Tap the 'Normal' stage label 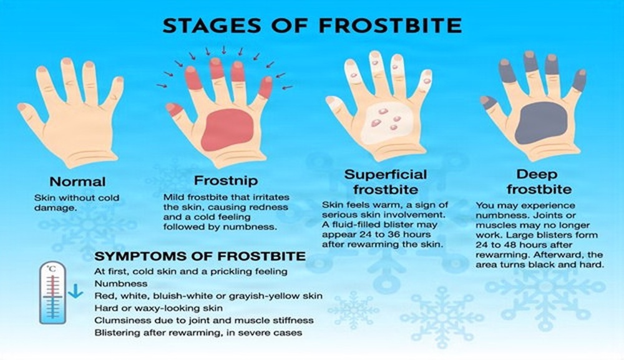(77, 182)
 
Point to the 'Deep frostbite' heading (536, 181)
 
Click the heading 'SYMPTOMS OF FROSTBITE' (200, 256)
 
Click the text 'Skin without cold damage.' (77, 203)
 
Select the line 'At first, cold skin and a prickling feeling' (190, 271)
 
